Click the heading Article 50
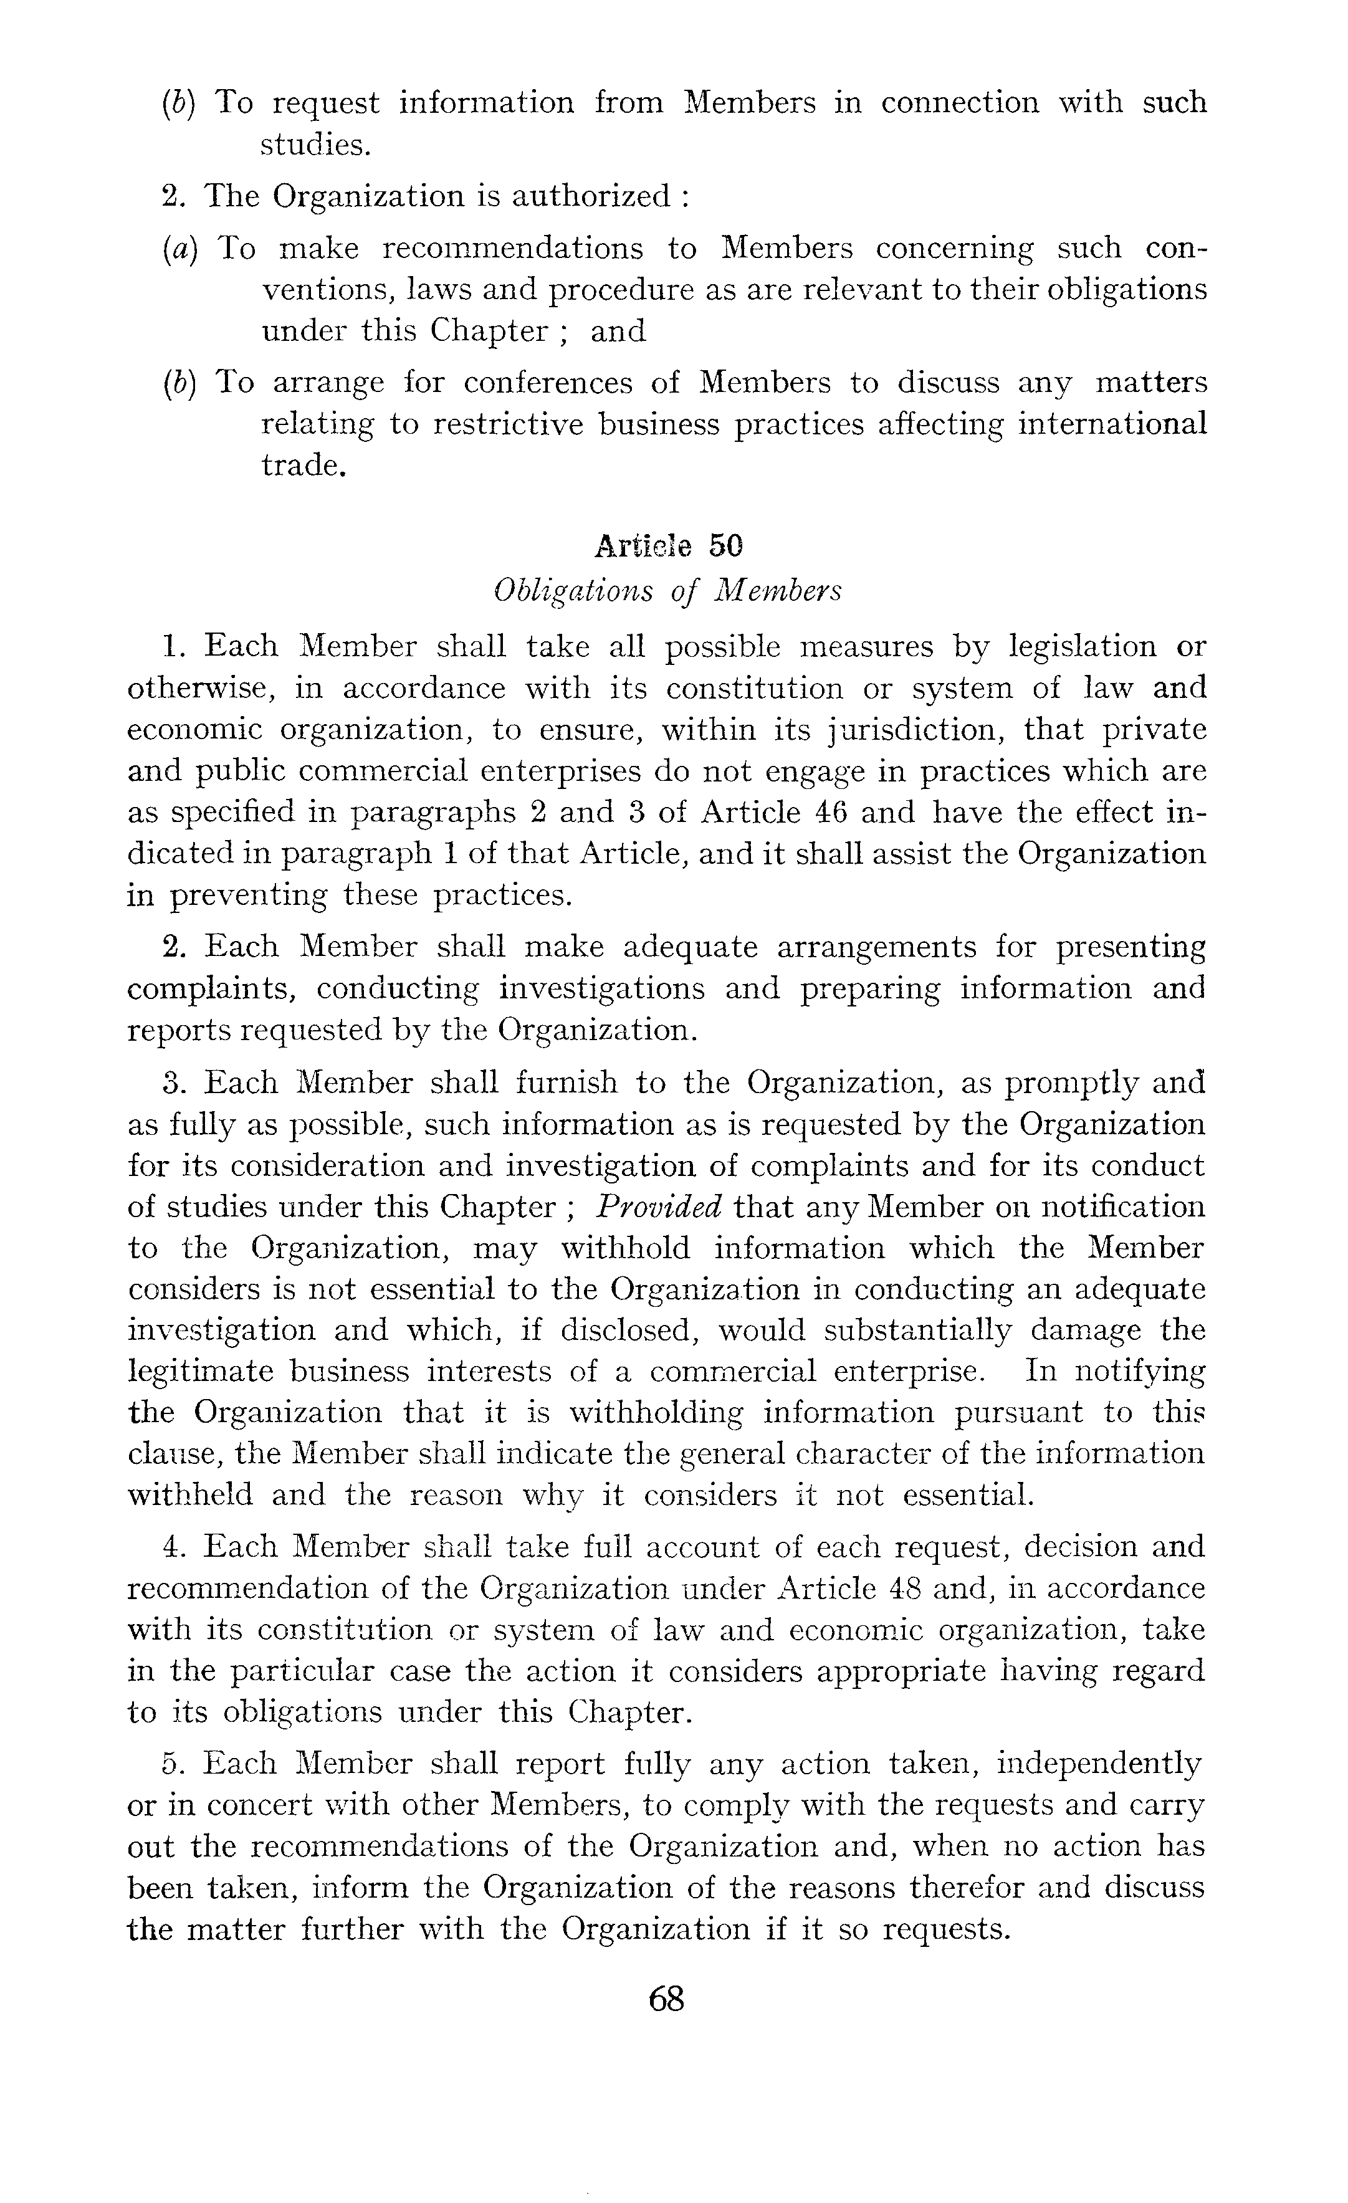(669, 547)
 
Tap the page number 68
(667, 1998)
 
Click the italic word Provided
(659, 1207)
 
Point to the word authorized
(590, 196)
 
